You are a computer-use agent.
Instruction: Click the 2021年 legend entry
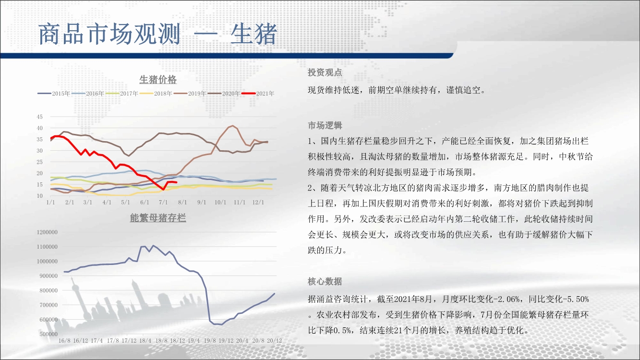tap(258, 94)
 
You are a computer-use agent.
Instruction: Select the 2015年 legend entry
tap(54, 94)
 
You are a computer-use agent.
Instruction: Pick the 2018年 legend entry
tap(156, 94)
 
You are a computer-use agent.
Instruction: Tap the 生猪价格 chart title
tap(158, 79)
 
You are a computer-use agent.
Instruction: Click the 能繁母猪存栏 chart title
tap(158, 218)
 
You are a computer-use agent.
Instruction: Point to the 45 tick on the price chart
tap(40, 117)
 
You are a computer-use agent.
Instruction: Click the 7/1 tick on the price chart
tap(163, 202)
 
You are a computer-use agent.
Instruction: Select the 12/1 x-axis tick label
tap(258, 202)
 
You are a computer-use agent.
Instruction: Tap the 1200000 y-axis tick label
tap(47, 232)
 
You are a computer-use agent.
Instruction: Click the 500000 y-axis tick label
tap(48, 334)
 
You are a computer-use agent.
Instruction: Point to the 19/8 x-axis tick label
tap(210, 341)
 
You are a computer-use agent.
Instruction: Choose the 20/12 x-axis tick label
tap(274, 341)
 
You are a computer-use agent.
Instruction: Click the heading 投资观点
tap(325, 72)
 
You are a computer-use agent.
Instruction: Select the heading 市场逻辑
tap(325, 125)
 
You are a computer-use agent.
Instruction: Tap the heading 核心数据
tap(325, 281)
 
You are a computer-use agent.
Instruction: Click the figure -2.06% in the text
tap(507, 299)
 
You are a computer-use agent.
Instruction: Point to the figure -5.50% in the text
tap(576, 299)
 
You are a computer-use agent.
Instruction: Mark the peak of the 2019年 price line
tap(233, 125)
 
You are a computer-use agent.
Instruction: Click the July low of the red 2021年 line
tap(163, 189)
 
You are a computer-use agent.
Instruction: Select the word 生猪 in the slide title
tap(254, 34)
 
